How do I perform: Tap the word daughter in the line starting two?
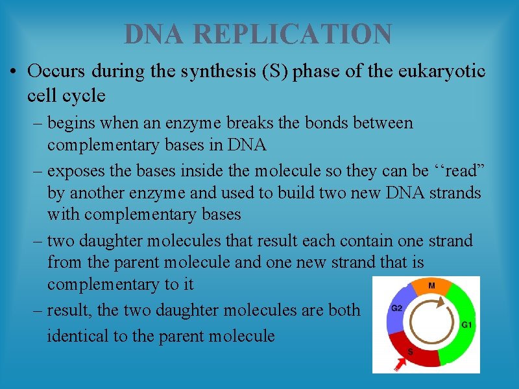tap(110, 241)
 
